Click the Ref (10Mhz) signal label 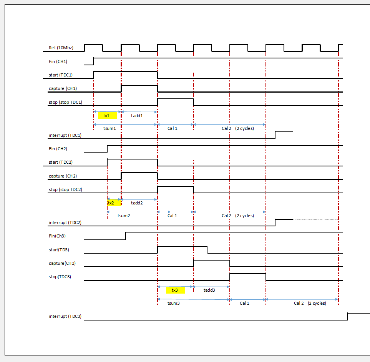click(x=61, y=48)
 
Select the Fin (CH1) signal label click(x=58, y=61)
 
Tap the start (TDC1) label click(x=61, y=75)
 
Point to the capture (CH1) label click(x=63, y=88)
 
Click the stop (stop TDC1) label click(x=65, y=102)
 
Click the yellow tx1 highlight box click(x=107, y=116)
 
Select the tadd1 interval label click(x=137, y=116)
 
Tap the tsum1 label click(x=110, y=128)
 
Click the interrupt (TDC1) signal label click(x=65, y=135)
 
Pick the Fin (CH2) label click(x=58, y=149)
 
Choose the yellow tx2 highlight click(x=114, y=203)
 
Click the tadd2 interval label click(x=137, y=203)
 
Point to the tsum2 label click(x=124, y=216)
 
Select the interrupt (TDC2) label click(x=65, y=223)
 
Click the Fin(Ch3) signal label click(x=57, y=236)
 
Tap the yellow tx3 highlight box click(x=175, y=290)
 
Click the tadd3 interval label click(x=209, y=290)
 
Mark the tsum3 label click(x=173, y=303)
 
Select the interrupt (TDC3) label click(x=65, y=316)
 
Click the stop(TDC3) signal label click(x=60, y=277)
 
